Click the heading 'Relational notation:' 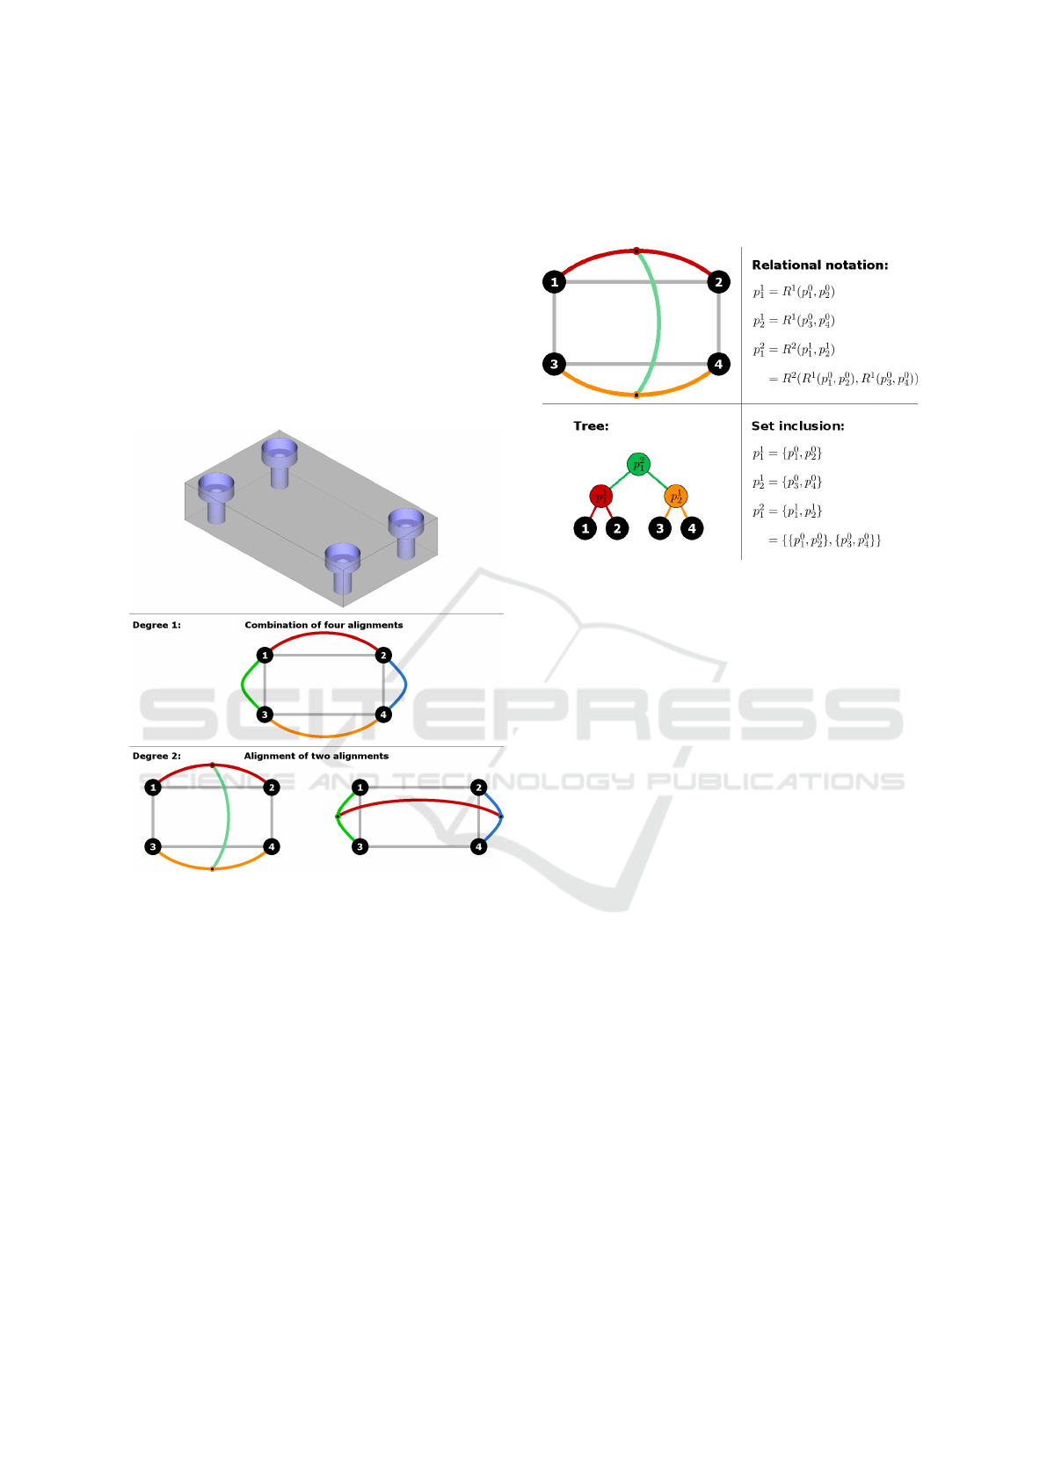tap(819, 265)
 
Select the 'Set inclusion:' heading tap(797, 425)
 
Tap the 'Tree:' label tap(591, 425)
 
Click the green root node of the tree tap(639, 464)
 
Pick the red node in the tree tap(601, 497)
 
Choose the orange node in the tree tap(676, 497)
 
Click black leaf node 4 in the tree tap(692, 528)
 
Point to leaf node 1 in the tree tap(585, 528)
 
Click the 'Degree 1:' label tap(156, 625)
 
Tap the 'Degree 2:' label tap(156, 756)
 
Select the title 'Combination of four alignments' tap(324, 625)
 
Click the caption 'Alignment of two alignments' tap(316, 756)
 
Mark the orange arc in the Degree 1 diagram tap(324, 733)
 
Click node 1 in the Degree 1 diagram tap(265, 656)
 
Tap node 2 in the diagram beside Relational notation tap(718, 282)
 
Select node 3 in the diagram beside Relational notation tap(554, 364)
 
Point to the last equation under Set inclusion tap(825, 540)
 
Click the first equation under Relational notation tap(794, 292)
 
